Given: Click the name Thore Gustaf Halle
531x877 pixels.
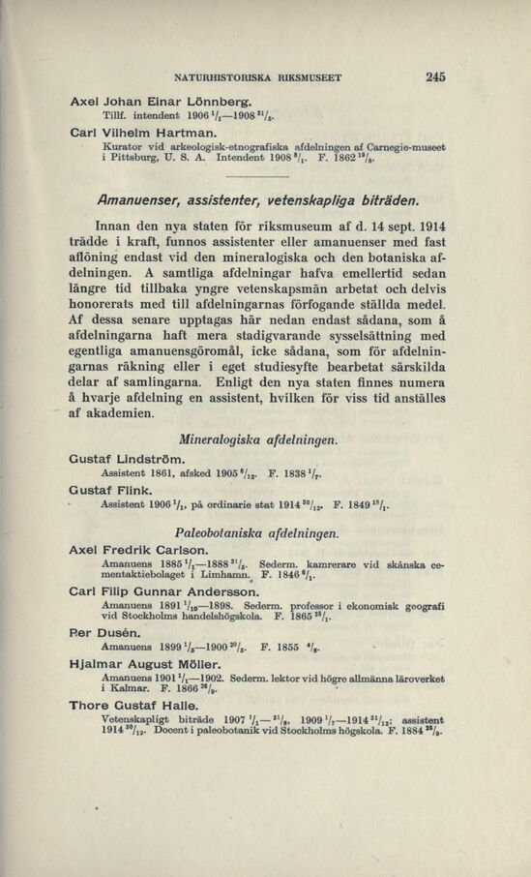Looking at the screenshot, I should pos(139,706).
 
